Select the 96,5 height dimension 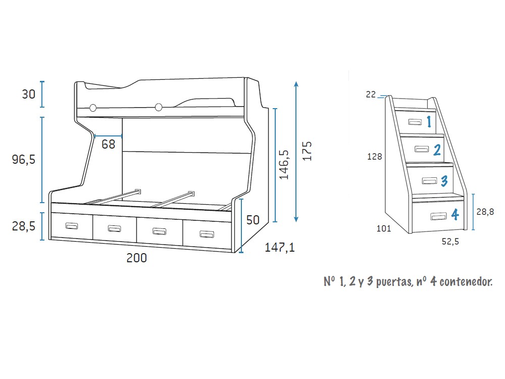click(x=23, y=160)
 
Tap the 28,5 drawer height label click(x=23, y=226)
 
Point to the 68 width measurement click(x=108, y=144)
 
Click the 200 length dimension click(x=136, y=258)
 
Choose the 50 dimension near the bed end click(x=252, y=220)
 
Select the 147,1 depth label click(x=279, y=248)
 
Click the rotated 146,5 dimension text click(x=284, y=164)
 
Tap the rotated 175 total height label click(x=307, y=151)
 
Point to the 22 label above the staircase click(x=371, y=94)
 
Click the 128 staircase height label click(x=374, y=157)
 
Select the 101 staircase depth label click(x=384, y=228)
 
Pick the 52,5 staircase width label click(x=450, y=242)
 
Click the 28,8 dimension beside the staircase click(x=485, y=212)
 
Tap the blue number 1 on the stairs click(x=428, y=121)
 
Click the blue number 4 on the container click(x=454, y=215)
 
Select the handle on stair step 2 click(x=422, y=148)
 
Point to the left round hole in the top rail click(x=93, y=108)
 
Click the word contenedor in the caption click(x=466, y=281)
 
